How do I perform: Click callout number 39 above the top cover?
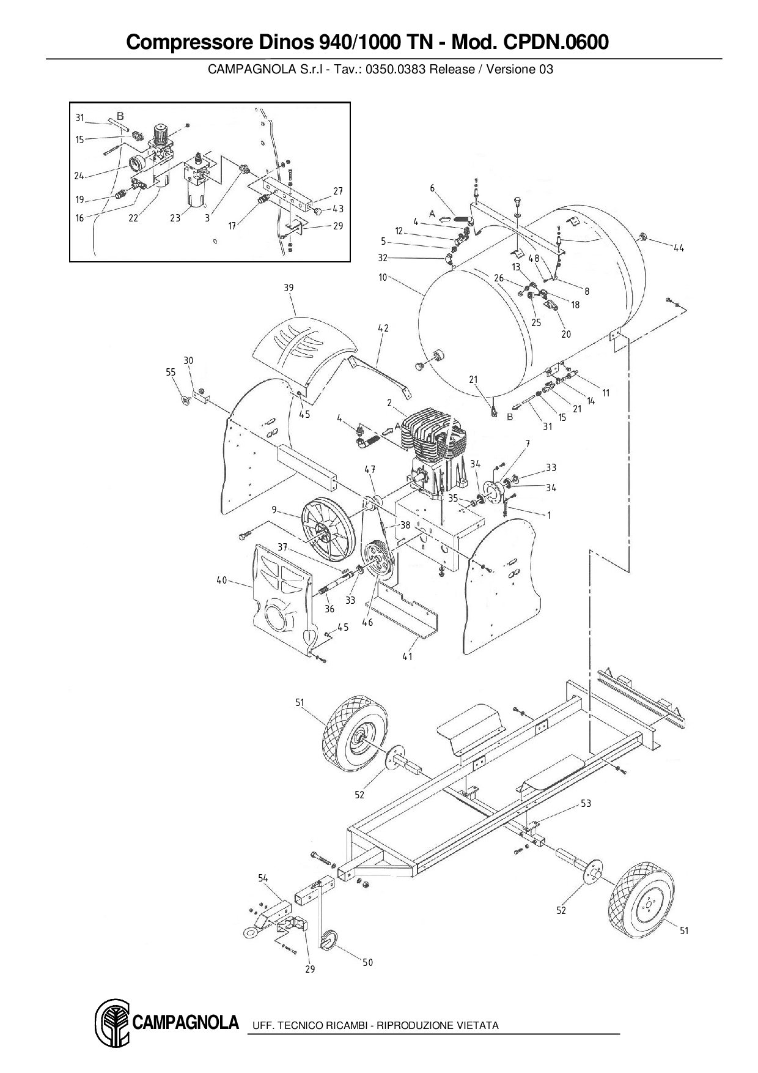tap(289, 288)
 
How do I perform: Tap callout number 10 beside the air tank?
tap(383, 278)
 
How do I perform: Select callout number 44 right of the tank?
tap(679, 248)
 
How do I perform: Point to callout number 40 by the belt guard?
tap(221, 580)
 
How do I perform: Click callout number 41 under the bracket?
tap(407, 656)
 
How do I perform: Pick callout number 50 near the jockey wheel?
tap(367, 962)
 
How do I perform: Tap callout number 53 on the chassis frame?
tap(586, 803)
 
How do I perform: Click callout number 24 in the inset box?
tap(79, 176)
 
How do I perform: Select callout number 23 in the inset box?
tap(175, 218)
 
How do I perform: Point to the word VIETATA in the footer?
tap(476, 1025)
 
